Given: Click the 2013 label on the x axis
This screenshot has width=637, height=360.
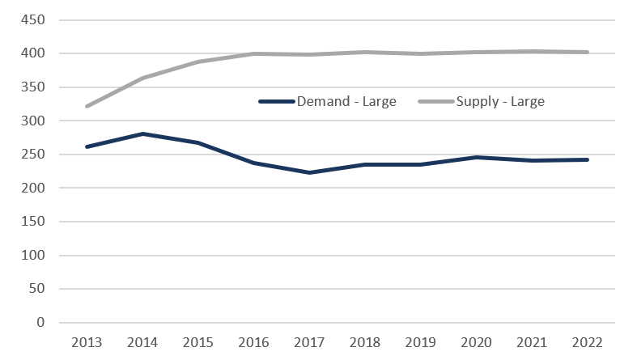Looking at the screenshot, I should click(x=87, y=341).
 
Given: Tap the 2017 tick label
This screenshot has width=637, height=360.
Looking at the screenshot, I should click(x=309, y=341).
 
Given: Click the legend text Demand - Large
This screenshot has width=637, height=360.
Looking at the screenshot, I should click(x=346, y=102).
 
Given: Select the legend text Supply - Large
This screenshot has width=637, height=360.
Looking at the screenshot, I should click(x=500, y=102).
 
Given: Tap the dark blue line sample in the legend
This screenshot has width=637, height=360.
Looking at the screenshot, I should click(x=275, y=102).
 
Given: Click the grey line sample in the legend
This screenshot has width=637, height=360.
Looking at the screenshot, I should click(x=435, y=102).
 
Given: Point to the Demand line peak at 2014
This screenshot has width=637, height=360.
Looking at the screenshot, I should click(x=142, y=133).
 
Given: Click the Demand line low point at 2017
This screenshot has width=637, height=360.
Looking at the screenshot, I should click(x=309, y=172).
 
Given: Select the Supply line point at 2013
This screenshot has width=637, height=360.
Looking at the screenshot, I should click(x=87, y=106).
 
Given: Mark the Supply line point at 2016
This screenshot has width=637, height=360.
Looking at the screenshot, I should click(x=253, y=54).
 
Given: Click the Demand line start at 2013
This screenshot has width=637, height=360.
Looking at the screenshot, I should click(x=87, y=146).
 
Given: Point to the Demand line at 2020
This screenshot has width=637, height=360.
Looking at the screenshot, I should click(x=476, y=157).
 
